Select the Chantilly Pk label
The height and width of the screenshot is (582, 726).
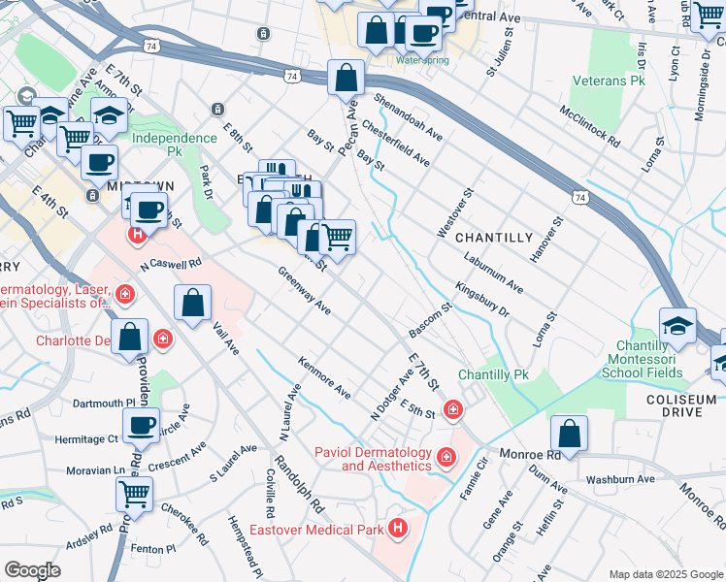click(x=493, y=374)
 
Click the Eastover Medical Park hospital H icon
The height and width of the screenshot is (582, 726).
click(x=397, y=528)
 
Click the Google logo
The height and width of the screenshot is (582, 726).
click(x=32, y=570)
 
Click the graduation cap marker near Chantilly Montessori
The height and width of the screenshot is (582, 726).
click(x=677, y=327)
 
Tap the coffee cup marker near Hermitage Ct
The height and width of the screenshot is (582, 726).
click(x=142, y=425)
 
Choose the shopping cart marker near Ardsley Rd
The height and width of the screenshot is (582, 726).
click(x=135, y=493)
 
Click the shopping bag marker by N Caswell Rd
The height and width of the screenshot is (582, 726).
click(x=193, y=303)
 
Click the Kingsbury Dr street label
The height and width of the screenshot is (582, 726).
click(x=482, y=299)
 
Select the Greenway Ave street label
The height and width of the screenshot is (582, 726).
click(x=305, y=291)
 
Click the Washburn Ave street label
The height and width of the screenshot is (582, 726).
click(x=619, y=479)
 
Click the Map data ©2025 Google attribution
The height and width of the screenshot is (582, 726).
click(x=666, y=573)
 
